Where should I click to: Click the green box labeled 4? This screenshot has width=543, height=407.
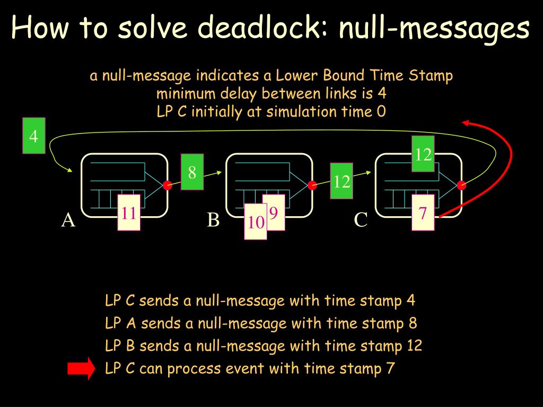(x=33, y=137)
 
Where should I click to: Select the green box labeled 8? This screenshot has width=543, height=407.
(x=192, y=172)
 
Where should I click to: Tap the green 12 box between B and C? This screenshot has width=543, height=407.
(x=342, y=182)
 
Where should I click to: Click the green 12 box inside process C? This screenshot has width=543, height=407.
(x=423, y=154)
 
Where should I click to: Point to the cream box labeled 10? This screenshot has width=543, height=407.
(x=255, y=222)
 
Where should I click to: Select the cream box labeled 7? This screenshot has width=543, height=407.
(x=423, y=213)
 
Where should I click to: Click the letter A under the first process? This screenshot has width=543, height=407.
(x=68, y=220)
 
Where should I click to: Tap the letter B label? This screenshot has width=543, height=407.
(x=213, y=219)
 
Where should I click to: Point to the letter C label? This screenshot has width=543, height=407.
(x=361, y=220)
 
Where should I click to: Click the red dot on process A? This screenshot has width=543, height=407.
(x=168, y=185)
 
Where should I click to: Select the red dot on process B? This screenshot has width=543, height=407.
(x=312, y=185)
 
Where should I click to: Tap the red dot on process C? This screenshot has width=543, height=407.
(x=461, y=185)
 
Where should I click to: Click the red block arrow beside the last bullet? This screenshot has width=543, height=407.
(x=81, y=368)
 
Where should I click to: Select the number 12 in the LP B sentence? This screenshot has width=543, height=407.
(x=414, y=346)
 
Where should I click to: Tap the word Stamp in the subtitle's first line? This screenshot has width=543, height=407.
(x=431, y=76)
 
